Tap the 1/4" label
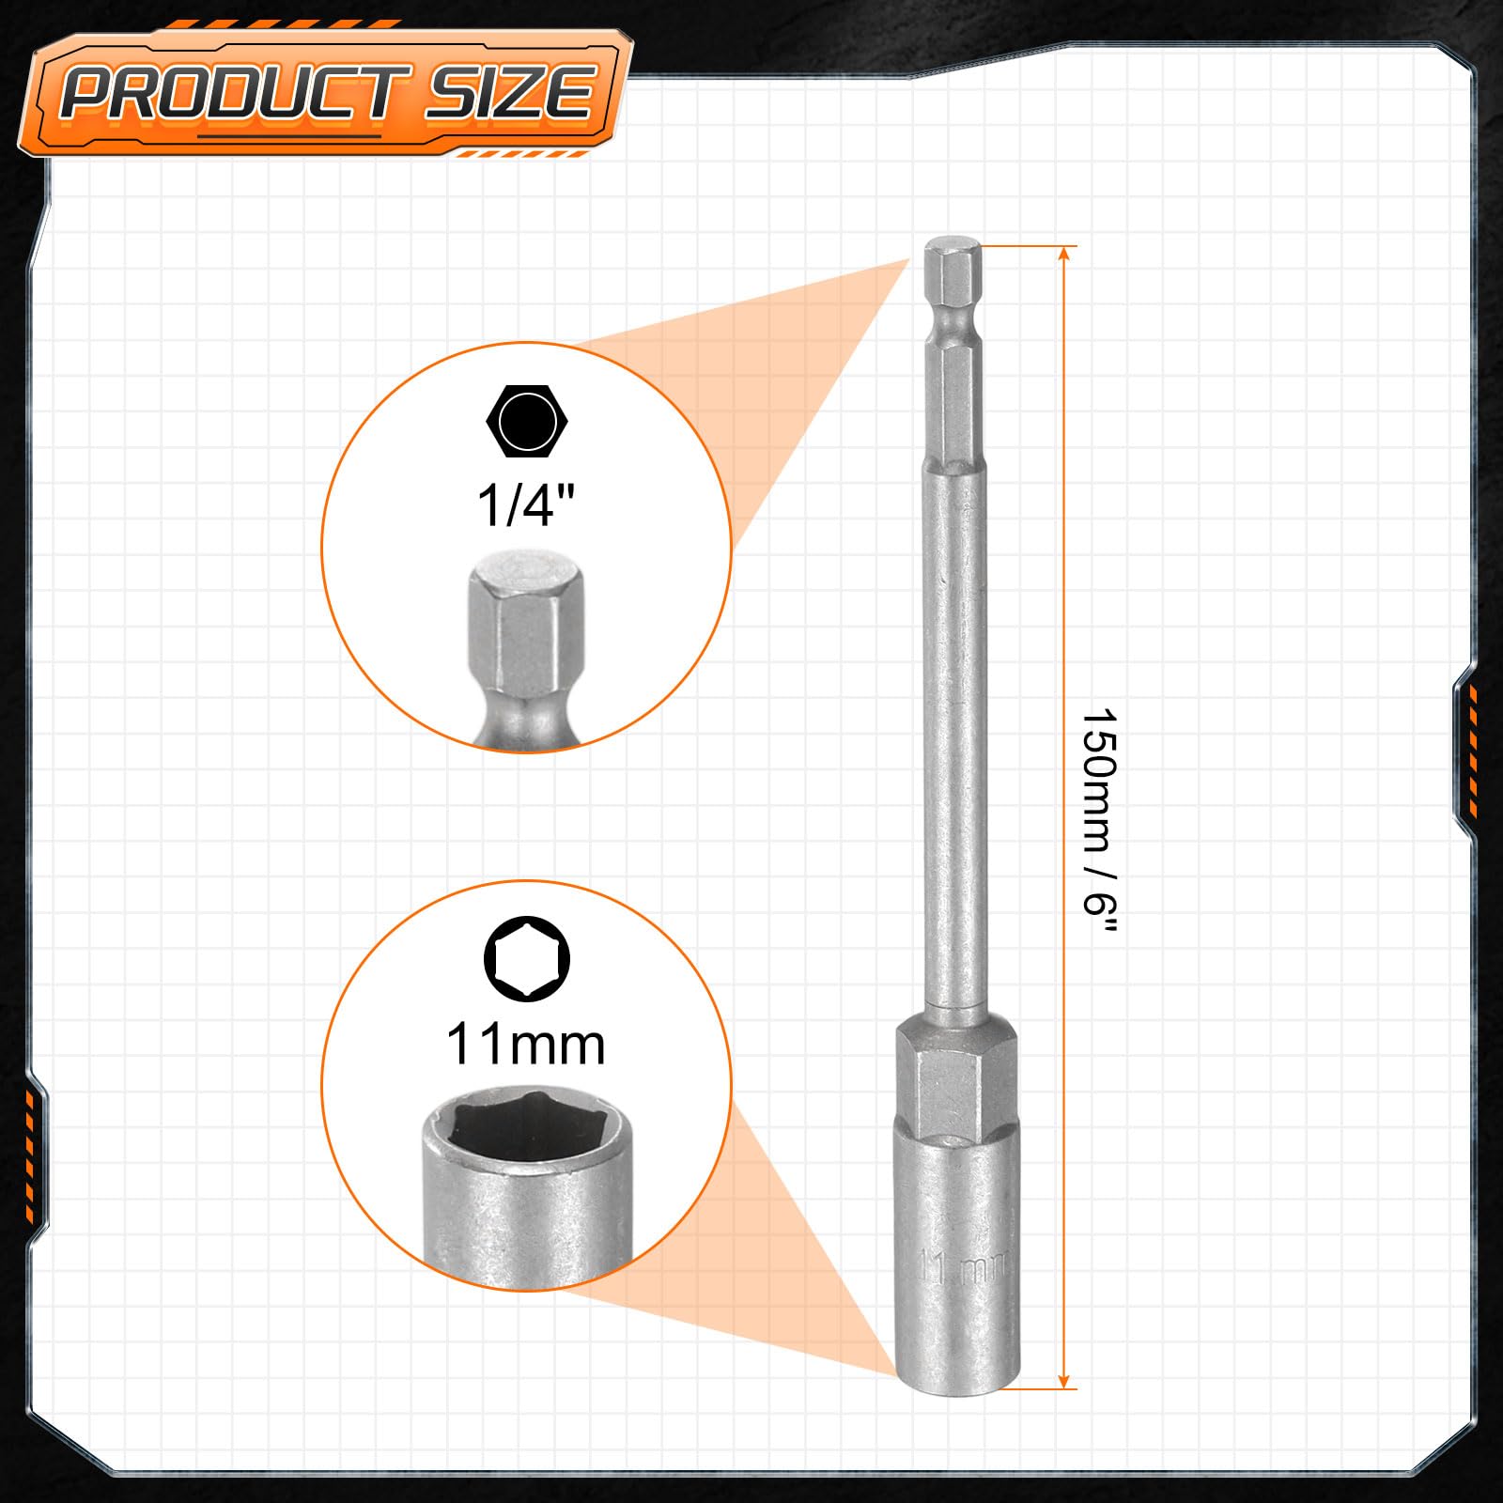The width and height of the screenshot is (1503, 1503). point(526,504)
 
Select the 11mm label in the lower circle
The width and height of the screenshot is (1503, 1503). point(526,1045)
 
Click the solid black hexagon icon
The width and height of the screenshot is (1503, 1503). point(527,421)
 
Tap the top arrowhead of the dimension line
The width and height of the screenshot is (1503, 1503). point(1064,256)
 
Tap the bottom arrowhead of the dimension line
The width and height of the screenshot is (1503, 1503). point(1064,1378)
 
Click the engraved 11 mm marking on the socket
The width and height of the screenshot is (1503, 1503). point(964,1267)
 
